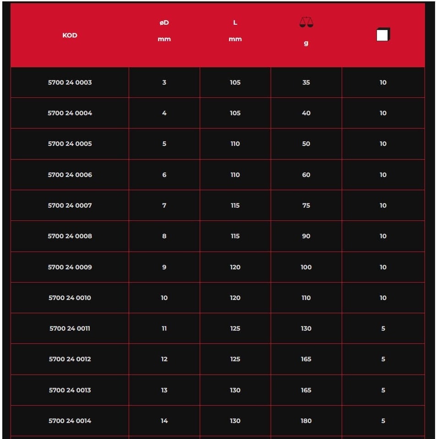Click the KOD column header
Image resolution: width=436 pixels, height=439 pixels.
point(70,35)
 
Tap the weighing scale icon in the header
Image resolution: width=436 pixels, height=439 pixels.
point(306,22)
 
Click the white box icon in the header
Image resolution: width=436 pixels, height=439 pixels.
point(383,35)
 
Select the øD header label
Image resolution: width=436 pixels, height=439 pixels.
point(164,22)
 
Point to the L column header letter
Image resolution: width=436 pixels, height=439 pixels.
point(235,22)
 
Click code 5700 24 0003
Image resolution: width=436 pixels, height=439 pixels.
point(70,82)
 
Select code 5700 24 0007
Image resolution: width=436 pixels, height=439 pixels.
point(70,205)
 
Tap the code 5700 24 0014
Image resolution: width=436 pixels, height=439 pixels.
point(70,421)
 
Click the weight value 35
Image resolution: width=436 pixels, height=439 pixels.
point(306,82)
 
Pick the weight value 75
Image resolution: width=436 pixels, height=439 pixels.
point(306,205)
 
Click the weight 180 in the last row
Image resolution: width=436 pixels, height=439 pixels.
point(306,421)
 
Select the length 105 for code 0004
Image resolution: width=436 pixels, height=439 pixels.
point(235,113)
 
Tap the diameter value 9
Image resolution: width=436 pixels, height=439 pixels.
point(164,267)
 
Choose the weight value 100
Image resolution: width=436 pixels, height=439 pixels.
point(306,267)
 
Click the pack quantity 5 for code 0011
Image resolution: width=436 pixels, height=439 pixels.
point(383,328)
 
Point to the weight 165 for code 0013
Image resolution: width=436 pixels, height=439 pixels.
point(306,390)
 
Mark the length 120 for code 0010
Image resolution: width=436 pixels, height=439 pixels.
point(235,298)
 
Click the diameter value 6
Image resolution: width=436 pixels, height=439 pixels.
point(164,175)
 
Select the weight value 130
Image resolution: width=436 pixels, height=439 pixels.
point(306,328)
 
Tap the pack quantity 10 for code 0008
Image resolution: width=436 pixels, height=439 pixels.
point(383,236)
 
